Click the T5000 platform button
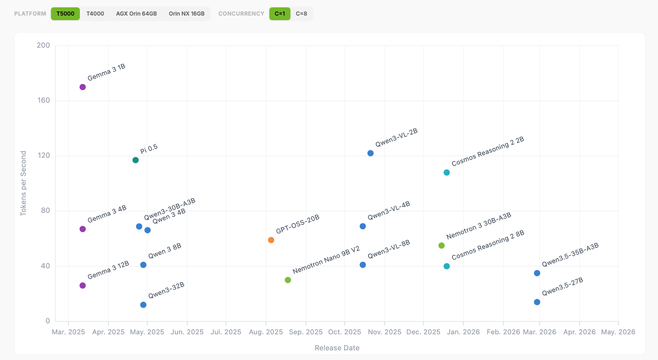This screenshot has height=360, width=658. (x=65, y=14)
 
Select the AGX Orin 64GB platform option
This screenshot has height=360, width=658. (x=136, y=14)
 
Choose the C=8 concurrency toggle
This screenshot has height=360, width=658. (x=301, y=14)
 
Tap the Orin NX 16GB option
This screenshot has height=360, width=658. (x=187, y=14)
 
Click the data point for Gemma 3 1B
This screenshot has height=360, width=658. (x=83, y=87)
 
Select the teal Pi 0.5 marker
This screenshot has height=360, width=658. (x=135, y=160)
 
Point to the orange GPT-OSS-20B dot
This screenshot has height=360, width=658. (x=271, y=240)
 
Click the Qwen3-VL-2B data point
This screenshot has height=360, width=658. (x=371, y=153)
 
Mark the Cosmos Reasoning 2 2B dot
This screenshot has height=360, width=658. (x=447, y=172)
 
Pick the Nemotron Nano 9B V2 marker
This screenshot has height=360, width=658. (x=288, y=280)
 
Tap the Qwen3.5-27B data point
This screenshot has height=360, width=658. (x=537, y=302)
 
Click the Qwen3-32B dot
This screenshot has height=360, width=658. (x=143, y=305)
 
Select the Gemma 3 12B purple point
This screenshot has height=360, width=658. (x=83, y=286)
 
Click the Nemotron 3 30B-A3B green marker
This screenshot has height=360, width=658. (x=442, y=246)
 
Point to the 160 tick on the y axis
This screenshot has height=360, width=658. (x=43, y=101)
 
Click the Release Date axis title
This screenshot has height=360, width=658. (x=337, y=348)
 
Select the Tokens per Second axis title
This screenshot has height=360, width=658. (x=23, y=183)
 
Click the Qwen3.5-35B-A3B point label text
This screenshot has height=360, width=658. (x=570, y=255)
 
